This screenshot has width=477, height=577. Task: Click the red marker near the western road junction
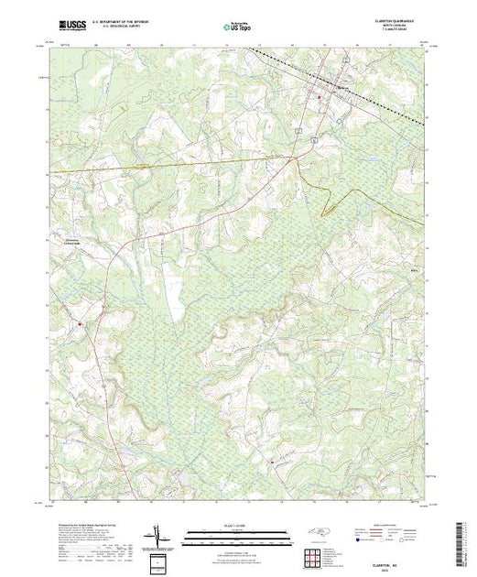(x=80, y=323)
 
